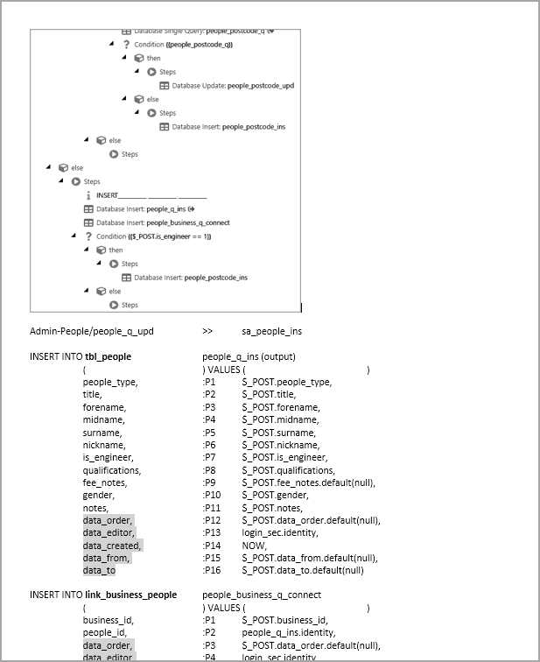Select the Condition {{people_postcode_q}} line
(177, 45)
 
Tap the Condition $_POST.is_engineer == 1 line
(153, 236)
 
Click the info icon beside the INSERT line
(88, 195)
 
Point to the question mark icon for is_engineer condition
(88, 236)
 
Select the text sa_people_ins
(271, 332)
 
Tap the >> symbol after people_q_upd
(207, 332)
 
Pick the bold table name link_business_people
(130, 595)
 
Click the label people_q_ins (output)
(249, 356)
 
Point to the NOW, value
(255, 546)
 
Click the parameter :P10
(211, 496)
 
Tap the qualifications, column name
(111, 470)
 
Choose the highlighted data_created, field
(111, 546)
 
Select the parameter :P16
(211, 570)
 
